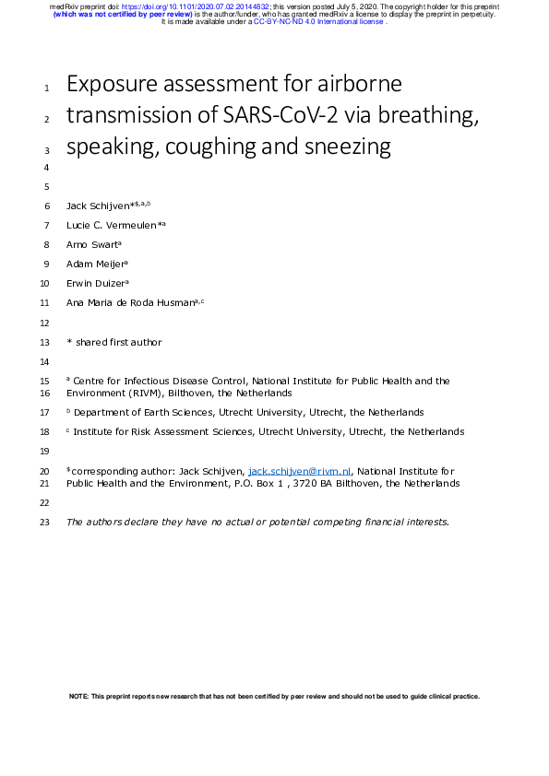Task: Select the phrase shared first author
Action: pos(119,342)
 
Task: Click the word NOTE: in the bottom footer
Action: pos(79,697)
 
